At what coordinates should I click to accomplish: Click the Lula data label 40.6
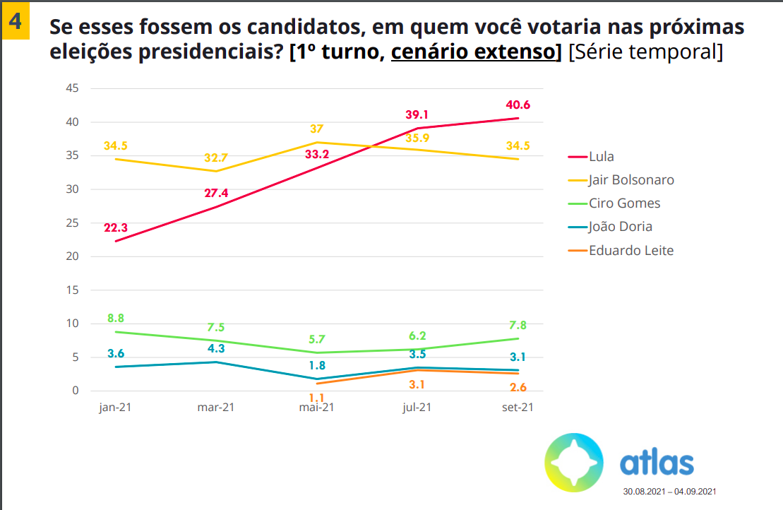(518, 105)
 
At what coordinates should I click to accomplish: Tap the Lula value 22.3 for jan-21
(115, 227)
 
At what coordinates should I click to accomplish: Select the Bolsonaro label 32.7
(216, 158)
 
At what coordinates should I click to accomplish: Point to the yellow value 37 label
(317, 129)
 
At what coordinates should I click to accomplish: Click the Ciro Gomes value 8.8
(115, 319)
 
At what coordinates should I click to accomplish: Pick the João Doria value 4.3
(216, 349)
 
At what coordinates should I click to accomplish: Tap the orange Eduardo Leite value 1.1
(317, 398)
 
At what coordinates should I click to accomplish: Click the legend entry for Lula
(600, 156)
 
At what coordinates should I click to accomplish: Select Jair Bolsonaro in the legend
(630, 179)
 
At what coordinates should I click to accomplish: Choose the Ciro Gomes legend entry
(624, 203)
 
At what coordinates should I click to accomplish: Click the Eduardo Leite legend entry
(630, 250)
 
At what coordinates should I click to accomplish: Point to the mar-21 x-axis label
(216, 408)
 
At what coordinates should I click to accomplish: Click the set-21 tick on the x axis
(518, 408)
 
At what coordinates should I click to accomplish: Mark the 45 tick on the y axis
(71, 88)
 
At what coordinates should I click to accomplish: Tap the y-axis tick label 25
(71, 223)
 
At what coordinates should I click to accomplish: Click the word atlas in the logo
(657, 463)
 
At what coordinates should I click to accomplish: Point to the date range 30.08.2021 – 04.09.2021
(669, 491)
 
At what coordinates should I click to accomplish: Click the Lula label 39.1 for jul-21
(417, 115)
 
